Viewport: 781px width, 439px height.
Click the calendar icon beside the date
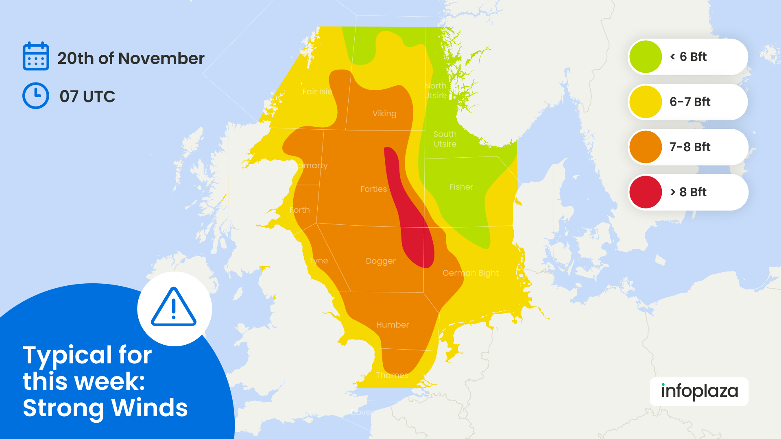click(36, 57)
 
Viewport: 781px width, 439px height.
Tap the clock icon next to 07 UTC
click(36, 96)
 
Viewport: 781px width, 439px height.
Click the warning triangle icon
click(174, 308)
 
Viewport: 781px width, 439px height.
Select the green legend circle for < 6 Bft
click(646, 57)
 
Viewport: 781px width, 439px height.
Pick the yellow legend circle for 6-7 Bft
click(646, 102)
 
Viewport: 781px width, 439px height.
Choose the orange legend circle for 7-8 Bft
click(646, 147)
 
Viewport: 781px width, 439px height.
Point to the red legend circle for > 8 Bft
click(646, 192)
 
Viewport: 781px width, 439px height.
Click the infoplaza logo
click(699, 391)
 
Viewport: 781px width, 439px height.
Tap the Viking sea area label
click(384, 113)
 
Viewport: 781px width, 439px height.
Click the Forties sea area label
click(373, 189)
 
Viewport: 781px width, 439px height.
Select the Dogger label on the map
click(380, 261)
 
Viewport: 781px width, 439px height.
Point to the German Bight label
click(470, 273)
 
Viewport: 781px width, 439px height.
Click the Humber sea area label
click(392, 325)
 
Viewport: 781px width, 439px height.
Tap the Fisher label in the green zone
click(461, 187)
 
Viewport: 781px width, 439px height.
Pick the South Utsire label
click(445, 139)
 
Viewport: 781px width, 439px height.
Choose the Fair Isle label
click(317, 92)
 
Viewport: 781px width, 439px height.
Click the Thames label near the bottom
click(392, 375)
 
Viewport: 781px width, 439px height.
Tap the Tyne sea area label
click(318, 261)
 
